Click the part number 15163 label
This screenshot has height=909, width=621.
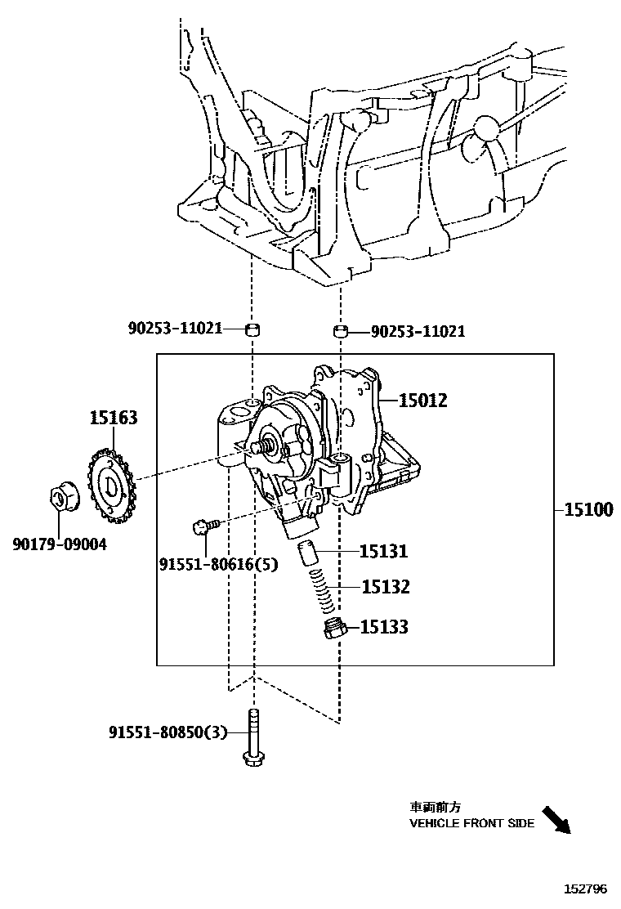(114, 419)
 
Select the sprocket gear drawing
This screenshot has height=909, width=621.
(109, 489)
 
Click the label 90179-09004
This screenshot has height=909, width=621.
(59, 543)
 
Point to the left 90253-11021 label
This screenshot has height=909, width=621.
(175, 329)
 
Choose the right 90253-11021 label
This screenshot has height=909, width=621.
(418, 331)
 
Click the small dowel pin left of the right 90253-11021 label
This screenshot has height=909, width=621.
(341, 331)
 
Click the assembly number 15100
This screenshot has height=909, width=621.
(588, 510)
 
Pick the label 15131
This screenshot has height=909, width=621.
(384, 552)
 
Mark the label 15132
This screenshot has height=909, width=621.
(385, 587)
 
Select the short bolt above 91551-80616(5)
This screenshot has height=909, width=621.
(204, 526)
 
